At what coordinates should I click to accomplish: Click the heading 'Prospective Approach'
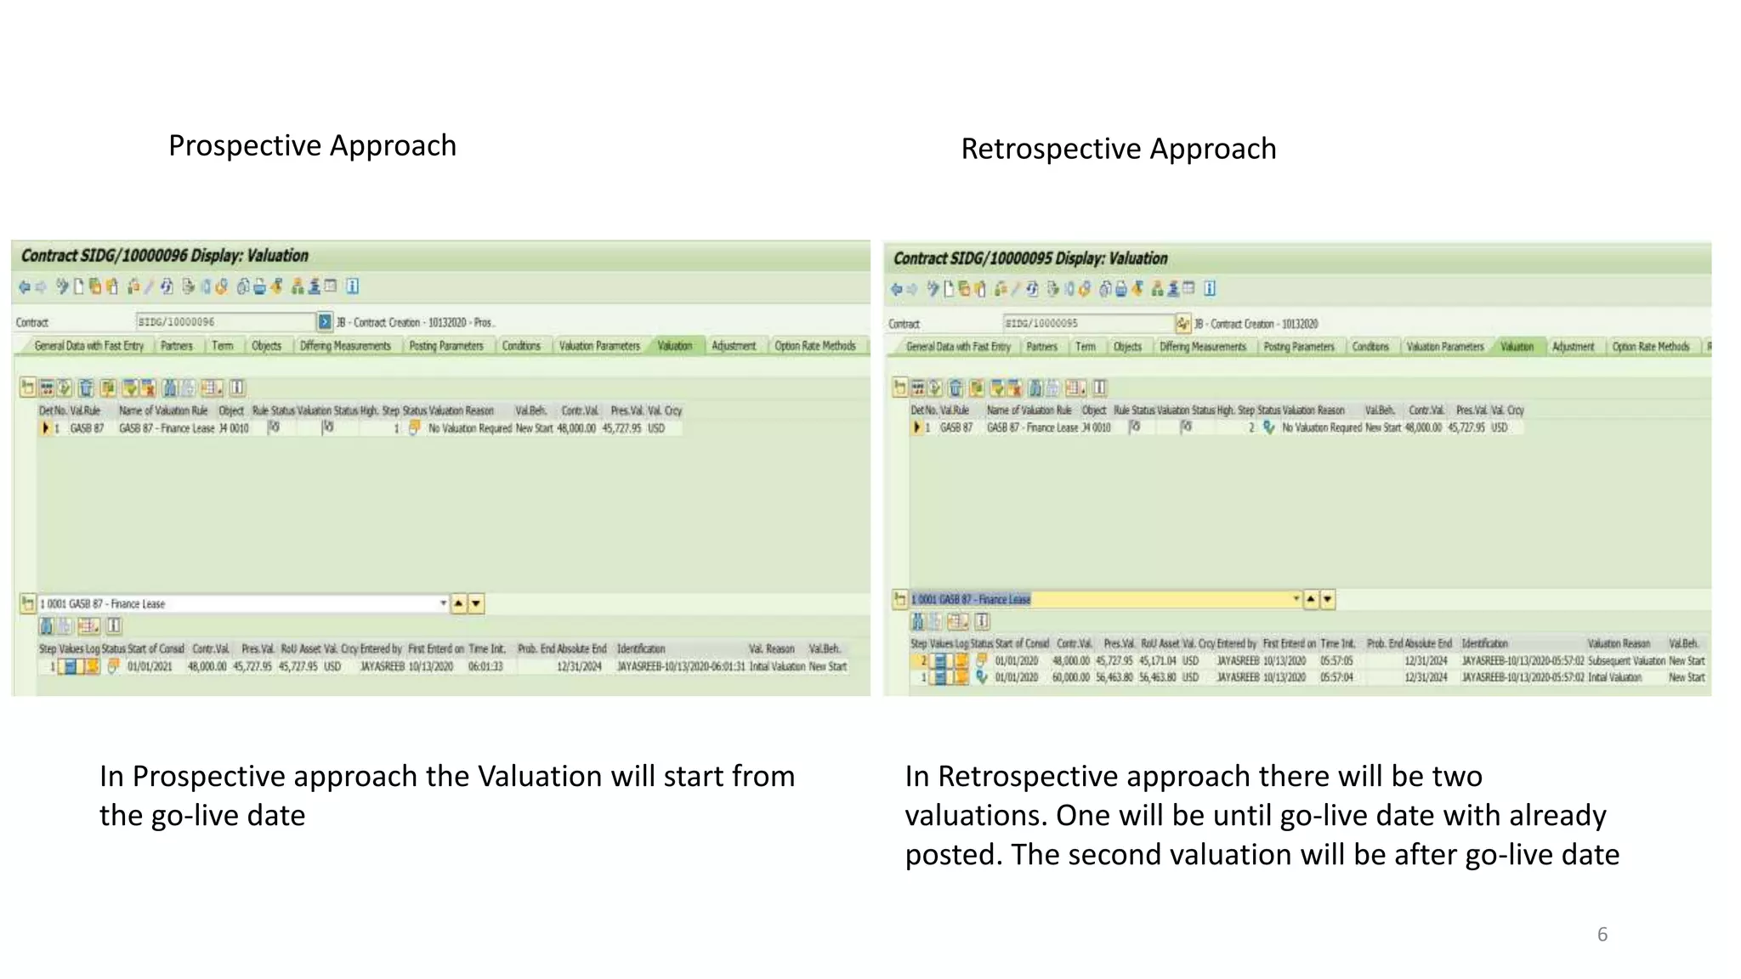pyautogui.click(x=312, y=145)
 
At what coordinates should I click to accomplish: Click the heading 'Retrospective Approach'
pyautogui.click(x=1118, y=149)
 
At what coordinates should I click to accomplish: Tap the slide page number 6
pyautogui.click(x=1602, y=934)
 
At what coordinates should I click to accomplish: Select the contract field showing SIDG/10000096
pyautogui.click(x=224, y=322)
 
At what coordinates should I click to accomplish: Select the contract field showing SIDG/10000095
pyautogui.click(x=1088, y=324)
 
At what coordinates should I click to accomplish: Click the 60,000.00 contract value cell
pyautogui.click(x=1070, y=677)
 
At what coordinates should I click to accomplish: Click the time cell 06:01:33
pyautogui.click(x=485, y=666)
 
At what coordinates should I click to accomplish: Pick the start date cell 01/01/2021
pyautogui.click(x=150, y=666)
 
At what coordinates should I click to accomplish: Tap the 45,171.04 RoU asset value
pyautogui.click(x=1158, y=660)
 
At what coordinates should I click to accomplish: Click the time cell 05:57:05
pyautogui.click(x=1336, y=660)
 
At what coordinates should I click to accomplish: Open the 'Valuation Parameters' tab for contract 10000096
pyautogui.click(x=599, y=346)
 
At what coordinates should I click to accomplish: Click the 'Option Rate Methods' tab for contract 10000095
pyautogui.click(x=1650, y=347)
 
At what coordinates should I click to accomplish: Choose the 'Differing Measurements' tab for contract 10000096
pyautogui.click(x=345, y=346)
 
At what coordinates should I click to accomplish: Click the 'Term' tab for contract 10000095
pyautogui.click(x=1086, y=347)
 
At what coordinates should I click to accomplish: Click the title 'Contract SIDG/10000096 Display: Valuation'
pyautogui.click(x=164, y=256)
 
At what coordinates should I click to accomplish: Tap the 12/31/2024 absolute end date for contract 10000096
pyautogui.click(x=579, y=666)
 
